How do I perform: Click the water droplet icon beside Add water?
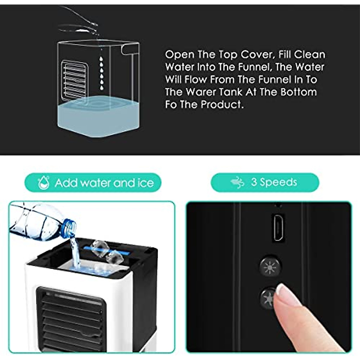coord(44,183)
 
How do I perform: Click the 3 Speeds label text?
coord(274,182)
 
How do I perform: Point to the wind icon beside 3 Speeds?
coord(237,182)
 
